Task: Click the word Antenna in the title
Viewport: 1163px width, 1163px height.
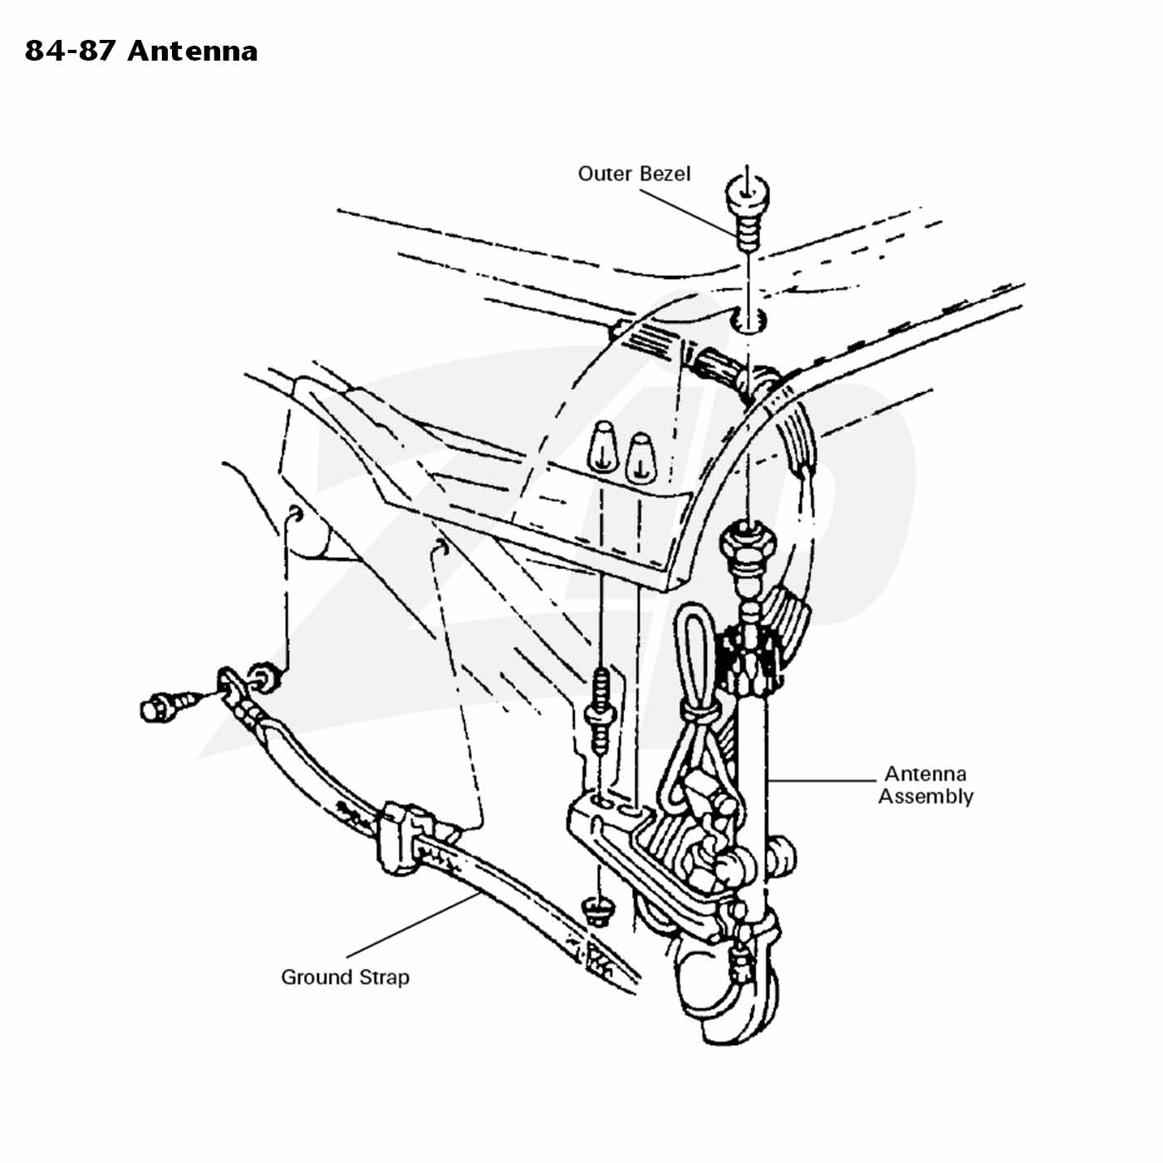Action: point(193,52)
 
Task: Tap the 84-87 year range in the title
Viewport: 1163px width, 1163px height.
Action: point(70,52)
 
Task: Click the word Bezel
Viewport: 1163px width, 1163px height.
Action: point(665,174)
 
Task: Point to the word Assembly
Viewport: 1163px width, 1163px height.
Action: point(925,797)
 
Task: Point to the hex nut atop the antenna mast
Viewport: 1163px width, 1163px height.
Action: point(748,538)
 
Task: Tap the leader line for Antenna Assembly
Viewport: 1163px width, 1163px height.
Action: point(822,780)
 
